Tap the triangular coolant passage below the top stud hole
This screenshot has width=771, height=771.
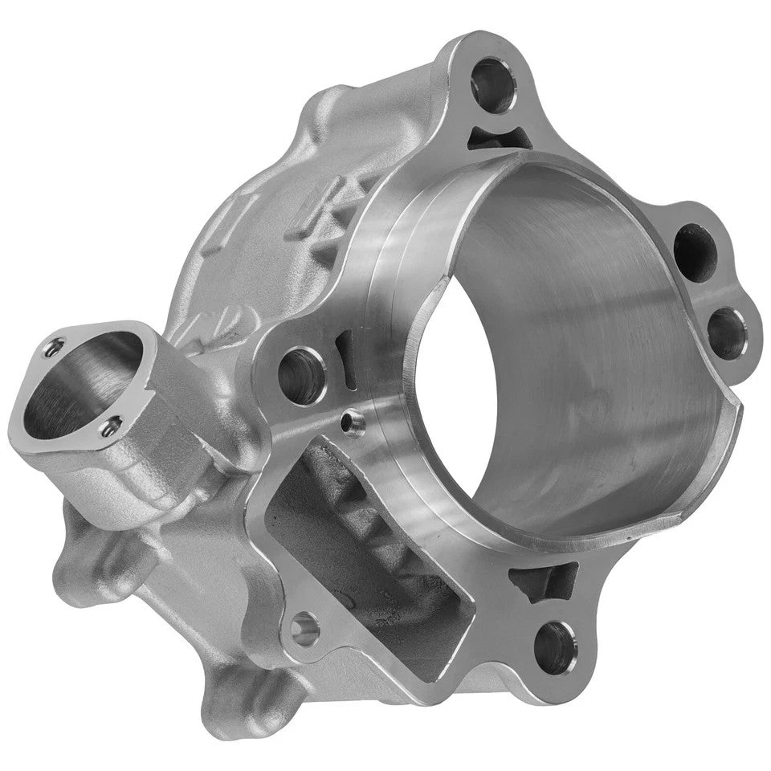coord(499,138)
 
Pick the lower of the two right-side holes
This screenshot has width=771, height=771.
coord(728,331)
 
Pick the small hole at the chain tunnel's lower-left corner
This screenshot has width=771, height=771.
coord(304,628)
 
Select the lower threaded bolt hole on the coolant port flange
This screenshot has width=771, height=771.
coord(110,426)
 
